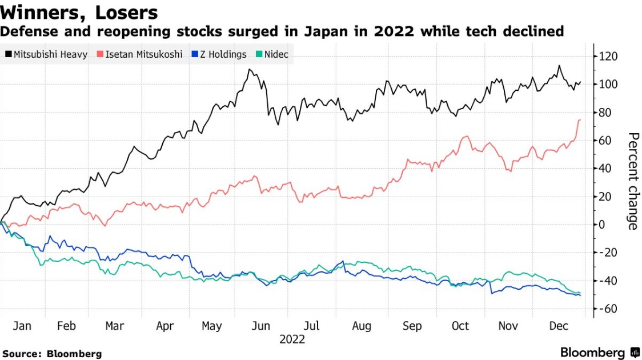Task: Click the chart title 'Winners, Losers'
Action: (x=79, y=12)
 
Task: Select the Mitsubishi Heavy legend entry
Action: (x=46, y=55)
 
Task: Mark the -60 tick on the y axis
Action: (x=608, y=309)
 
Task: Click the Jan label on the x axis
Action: (x=22, y=326)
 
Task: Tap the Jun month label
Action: (x=261, y=326)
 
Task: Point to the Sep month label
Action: (x=412, y=326)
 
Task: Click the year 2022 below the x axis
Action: (x=292, y=339)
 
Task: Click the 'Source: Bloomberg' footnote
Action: (x=51, y=354)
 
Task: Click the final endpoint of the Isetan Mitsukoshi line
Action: (x=580, y=119)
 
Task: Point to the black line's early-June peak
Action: (x=250, y=70)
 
